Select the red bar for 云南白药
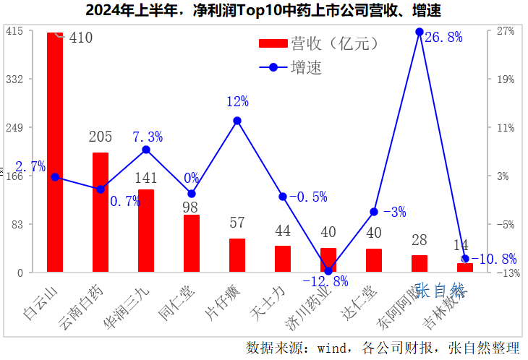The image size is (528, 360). coord(101,213)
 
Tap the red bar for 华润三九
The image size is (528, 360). coord(146,231)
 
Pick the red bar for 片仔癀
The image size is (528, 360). coord(237,255)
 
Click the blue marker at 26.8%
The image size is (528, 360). coord(420,32)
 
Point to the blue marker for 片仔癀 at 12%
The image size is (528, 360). coord(237,121)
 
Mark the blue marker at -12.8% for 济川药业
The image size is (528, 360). coord(328,270)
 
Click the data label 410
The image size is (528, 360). coord(80,38)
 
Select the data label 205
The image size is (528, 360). coord(101,137)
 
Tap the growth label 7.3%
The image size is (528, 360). coord(148,137)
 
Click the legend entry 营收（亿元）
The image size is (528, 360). coord(318,43)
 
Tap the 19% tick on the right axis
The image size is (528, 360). coord(505,79)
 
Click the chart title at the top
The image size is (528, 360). coord(263,11)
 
